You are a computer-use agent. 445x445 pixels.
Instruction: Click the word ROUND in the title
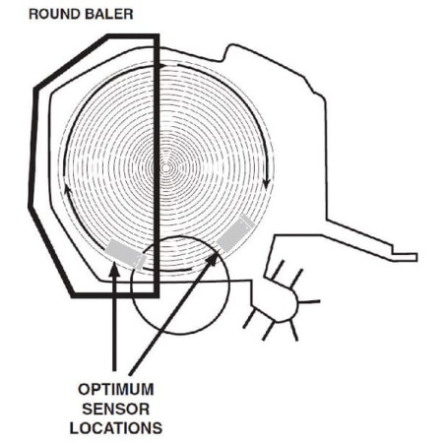(54, 15)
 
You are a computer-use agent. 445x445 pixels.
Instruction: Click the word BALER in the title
(108, 15)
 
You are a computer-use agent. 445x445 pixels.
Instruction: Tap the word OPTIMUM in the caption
(116, 390)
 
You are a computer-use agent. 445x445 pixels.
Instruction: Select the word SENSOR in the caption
(116, 410)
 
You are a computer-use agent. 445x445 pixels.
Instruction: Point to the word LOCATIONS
(116, 428)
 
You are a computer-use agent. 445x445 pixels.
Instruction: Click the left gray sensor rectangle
(125, 254)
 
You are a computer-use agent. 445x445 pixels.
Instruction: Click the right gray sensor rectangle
(235, 233)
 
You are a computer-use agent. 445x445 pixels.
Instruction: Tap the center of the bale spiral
(166, 167)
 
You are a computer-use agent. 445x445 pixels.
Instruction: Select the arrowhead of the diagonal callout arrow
(213, 259)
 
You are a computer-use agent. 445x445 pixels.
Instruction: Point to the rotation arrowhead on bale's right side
(267, 184)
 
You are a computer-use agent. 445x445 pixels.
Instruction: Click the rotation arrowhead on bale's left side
(67, 190)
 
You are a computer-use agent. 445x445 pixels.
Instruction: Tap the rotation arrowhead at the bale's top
(162, 66)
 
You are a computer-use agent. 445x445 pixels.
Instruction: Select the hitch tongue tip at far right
(414, 257)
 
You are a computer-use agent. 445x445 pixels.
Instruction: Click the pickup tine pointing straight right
(308, 301)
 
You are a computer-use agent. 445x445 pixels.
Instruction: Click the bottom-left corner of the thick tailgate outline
(73, 295)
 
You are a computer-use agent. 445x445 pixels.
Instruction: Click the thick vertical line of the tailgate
(157, 165)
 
